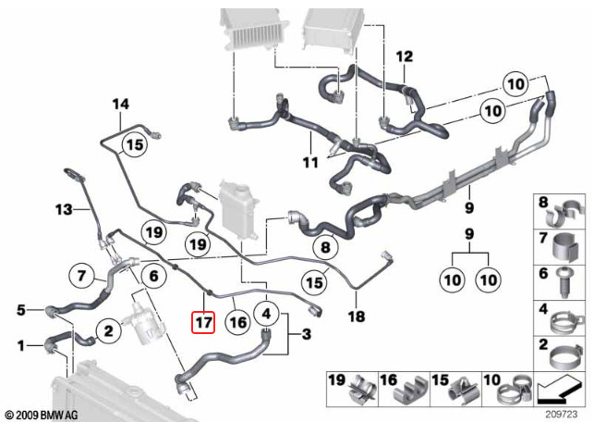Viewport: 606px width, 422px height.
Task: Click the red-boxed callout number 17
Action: (x=203, y=322)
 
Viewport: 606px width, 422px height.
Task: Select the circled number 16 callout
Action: (x=237, y=322)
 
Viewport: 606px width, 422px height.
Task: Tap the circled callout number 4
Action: (x=267, y=314)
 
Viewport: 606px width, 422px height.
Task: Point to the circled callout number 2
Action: (x=109, y=330)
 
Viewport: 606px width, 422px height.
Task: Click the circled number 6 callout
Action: (x=154, y=276)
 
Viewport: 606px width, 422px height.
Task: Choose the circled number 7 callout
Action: (x=81, y=276)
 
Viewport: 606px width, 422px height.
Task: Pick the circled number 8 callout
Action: (x=326, y=247)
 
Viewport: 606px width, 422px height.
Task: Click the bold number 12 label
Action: (x=405, y=56)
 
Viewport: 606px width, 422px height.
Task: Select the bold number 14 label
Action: (x=121, y=105)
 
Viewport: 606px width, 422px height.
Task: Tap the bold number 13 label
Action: (x=64, y=209)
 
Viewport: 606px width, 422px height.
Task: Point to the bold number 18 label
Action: (x=357, y=316)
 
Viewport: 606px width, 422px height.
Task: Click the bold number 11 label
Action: (x=310, y=163)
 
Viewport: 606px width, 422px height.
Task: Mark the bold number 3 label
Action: (x=307, y=334)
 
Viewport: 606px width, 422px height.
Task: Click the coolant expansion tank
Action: (x=237, y=209)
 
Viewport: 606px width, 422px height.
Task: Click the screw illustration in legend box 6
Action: (x=566, y=282)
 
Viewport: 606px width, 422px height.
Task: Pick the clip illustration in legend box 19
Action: (x=362, y=391)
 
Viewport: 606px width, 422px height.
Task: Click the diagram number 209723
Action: (x=562, y=414)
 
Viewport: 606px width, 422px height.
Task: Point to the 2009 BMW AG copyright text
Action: (x=42, y=415)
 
